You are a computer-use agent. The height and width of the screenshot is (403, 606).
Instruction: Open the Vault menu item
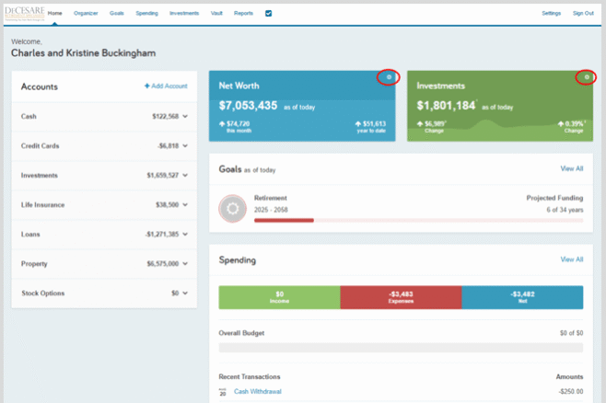[x=216, y=14]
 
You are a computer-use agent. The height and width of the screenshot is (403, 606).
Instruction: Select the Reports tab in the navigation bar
[x=243, y=14]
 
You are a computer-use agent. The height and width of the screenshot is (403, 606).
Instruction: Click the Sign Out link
[x=583, y=14]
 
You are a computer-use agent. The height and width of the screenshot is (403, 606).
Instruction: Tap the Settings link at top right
[x=551, y=14]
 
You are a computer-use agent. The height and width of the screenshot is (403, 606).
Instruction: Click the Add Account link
[x=166, y=86]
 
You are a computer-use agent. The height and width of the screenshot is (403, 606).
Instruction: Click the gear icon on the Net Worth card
[x=389, y=77]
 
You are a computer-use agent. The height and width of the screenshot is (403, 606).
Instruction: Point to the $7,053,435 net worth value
[x=248, y=106]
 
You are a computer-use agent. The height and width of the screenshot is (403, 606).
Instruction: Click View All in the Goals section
[x=572, y=169]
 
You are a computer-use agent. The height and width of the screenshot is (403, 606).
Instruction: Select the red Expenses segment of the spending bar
[x=401, y=297]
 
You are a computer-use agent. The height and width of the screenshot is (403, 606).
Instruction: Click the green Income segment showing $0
[x=279, y=297]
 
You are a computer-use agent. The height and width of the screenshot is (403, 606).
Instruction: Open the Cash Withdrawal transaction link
[x=258, y=391]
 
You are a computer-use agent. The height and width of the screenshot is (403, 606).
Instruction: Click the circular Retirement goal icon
[x=232, y=209]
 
